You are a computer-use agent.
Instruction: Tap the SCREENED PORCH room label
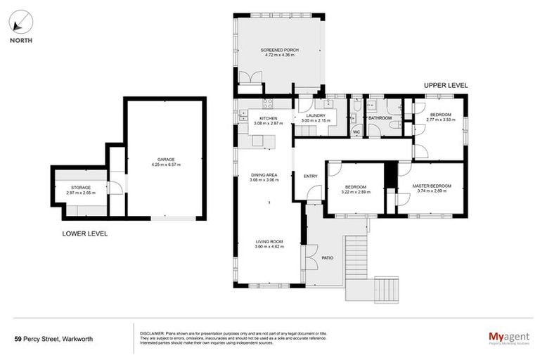[x=276, y=51]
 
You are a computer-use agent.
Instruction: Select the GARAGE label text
[x=166, y=160]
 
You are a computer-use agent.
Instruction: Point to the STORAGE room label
[x=80, y=188]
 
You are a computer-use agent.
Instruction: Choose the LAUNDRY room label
[x=315, y=116]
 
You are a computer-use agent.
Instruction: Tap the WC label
[x=356, y=131]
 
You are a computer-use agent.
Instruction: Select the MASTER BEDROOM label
[x=431, y=186]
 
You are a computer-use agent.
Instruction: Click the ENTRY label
[x=310, y=176]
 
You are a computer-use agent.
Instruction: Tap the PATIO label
[x=328, y=257]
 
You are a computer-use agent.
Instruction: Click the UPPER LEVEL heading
[x=446, y=85]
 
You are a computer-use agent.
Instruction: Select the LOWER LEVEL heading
[x=84, y=233]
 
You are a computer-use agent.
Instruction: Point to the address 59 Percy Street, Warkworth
[x=53, y=338]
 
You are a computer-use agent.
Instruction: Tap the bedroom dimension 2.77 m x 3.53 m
[x=441, y=120]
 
